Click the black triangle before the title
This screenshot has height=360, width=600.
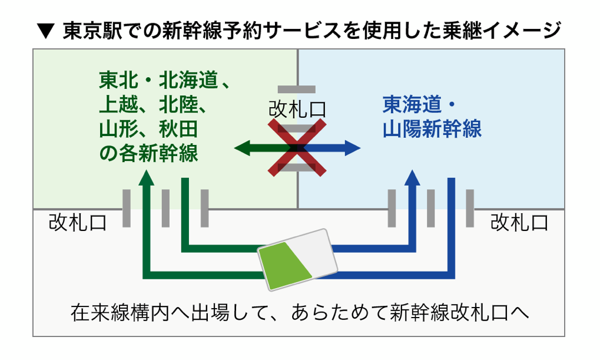(x=46, y=31)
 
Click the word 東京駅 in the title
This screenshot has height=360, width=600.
(x=92, y=31)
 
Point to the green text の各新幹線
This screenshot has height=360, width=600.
(x=148, y=153)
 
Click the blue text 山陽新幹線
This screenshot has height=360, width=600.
(x=432, y=129)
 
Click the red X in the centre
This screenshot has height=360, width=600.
(x=297, y=147)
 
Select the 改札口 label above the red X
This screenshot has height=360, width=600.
(x=297, y=110)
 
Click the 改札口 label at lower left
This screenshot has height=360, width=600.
(x=78, y=223)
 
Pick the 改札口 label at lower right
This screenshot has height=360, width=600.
(x=519, y=223)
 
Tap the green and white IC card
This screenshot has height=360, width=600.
(x=297, y=259)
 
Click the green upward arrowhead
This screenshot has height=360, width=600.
(x=146, y=178)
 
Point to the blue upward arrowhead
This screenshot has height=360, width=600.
(x=412, y=178)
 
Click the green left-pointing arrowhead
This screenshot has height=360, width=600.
(x=242, y=148)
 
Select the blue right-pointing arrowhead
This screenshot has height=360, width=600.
(x=353, y=148)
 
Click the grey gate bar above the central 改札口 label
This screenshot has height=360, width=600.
(x=297, y=89)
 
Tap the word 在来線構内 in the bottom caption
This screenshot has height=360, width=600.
(x=120, y=313)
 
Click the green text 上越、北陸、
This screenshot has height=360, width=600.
(x=153, y=104)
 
